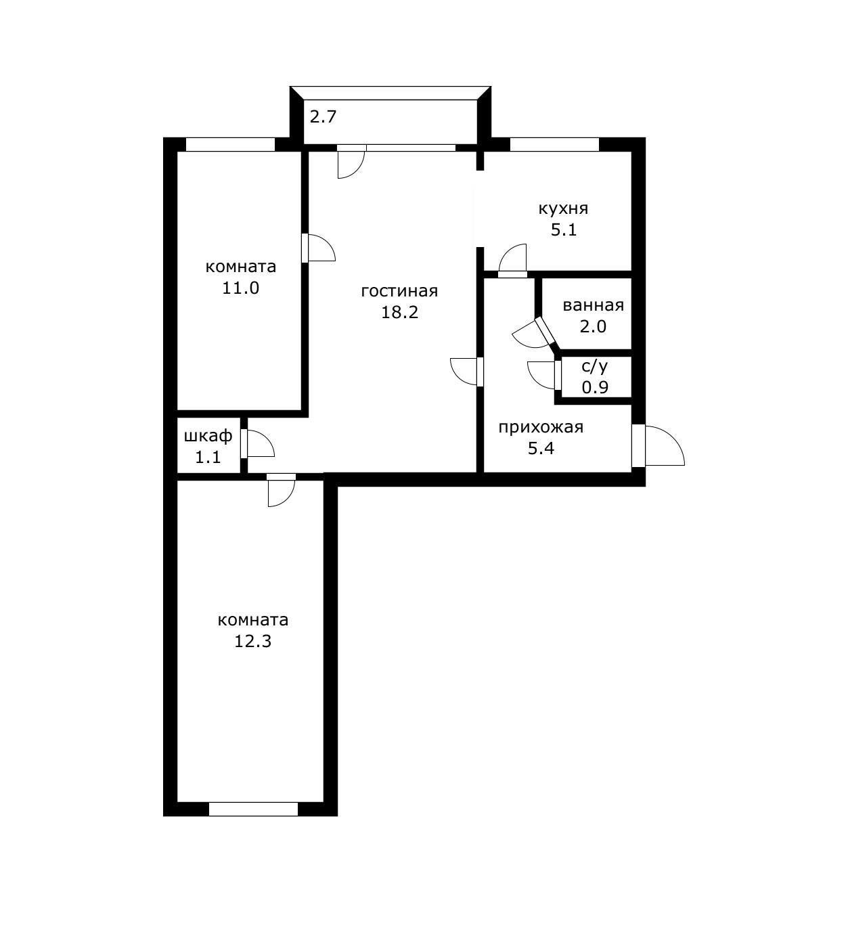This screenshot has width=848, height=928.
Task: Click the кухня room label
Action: point(563,209)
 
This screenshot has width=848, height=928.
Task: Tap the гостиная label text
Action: point(399,291)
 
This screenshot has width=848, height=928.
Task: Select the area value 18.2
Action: point(400,312)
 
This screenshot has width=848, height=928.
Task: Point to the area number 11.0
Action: point(240,288)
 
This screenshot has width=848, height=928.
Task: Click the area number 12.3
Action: point(252,641)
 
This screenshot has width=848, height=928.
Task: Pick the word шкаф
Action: point(208,436)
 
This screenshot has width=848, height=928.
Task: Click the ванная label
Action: point(593,305)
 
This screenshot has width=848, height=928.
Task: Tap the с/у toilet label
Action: point(594,367)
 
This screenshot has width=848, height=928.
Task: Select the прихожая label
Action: point(541,428)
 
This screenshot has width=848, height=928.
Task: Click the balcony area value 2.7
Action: point(323,116)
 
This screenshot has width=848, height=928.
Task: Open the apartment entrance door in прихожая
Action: point(658,446)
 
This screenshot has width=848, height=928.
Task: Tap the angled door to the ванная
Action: point(537,333)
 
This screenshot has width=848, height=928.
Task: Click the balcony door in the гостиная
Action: point(351,162)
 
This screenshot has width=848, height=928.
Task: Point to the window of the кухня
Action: point(554,144)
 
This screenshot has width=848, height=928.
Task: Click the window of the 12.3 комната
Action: point(253,822)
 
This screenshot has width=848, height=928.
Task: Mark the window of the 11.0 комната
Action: point(230,144)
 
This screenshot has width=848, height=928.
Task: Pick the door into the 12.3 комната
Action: point(282,490)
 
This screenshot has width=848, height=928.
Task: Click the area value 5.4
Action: point(541,448)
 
